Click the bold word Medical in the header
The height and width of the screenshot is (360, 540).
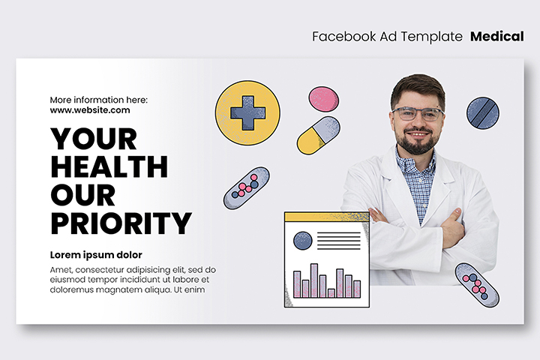(x=497, y=36)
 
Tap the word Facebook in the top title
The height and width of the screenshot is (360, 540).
(x=344, y=36)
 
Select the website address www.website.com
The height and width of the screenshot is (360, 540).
(x=90, y=110)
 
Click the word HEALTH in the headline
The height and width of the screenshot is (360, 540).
(x=109, y=166)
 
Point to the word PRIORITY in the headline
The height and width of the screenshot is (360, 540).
(x=121, y=223)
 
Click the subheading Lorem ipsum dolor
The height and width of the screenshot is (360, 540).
(x=96, y=255)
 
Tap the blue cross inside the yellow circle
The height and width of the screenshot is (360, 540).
(x=247, y=113)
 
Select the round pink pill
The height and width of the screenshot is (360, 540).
(x=323, y=99)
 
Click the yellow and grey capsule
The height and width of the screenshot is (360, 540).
(x=318, y=135)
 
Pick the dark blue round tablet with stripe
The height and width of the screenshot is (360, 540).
(x=483, y=113)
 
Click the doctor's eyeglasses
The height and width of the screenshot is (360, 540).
(x=418, y=114)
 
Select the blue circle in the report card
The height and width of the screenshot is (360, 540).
(x=303, y=241)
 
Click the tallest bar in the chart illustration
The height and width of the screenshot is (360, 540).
(x=314, y=280)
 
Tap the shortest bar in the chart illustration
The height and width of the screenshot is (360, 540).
(x=331, y=293)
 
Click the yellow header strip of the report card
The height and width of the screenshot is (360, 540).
(x=327, y=217)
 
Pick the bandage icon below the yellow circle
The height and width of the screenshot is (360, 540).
(x=247, y=188)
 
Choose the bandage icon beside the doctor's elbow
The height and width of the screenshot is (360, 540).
(x=477, y=285)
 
